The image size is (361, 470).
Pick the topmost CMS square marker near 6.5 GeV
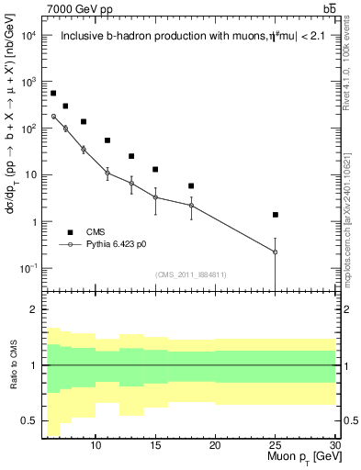click(53, 94)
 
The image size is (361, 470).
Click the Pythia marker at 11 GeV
click(107, 173)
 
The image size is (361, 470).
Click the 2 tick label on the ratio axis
click(37, 309)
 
